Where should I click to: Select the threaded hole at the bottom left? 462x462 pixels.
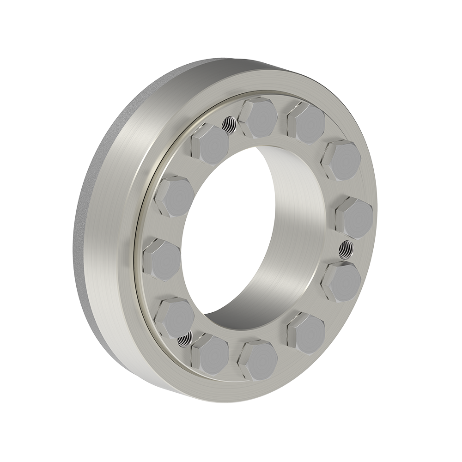(183, 340)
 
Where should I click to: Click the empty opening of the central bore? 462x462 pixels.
(222, 240)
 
